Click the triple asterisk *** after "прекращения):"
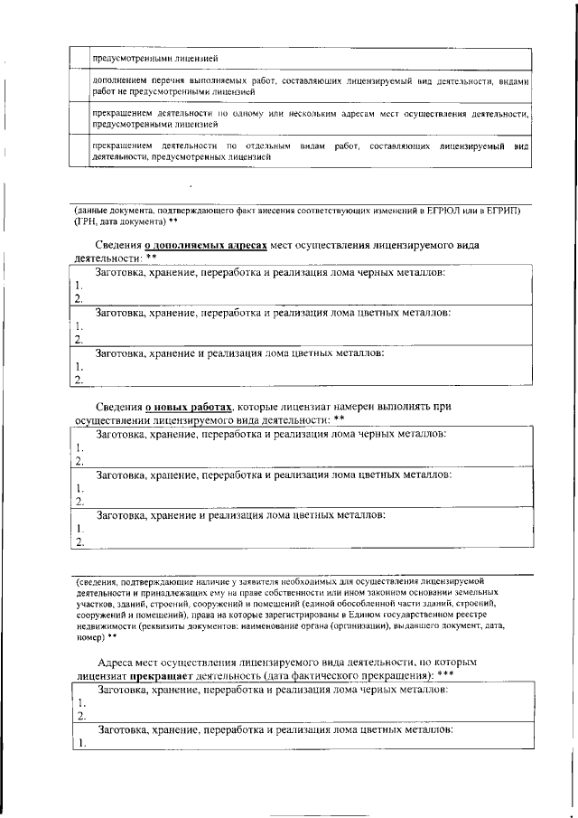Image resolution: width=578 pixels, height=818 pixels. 445,675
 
